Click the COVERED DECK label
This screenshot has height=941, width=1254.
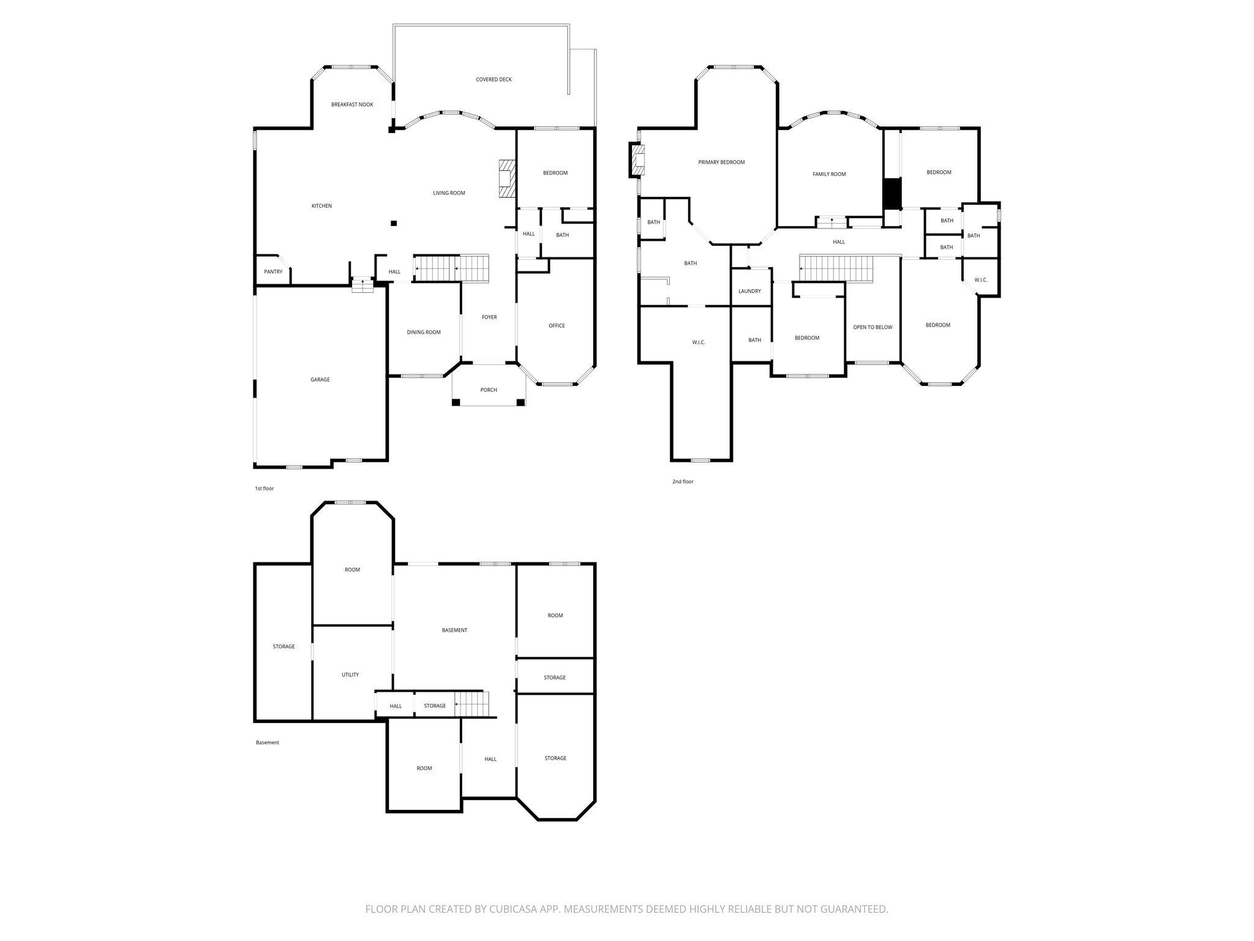(494, 80)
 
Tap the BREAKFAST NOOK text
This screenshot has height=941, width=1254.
(352, 105)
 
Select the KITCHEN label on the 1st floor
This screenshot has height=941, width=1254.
(321, 206)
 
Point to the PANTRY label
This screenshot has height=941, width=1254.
(273, 271)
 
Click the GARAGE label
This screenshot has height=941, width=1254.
(320, 380)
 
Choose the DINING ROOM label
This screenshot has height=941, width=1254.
(424, 332)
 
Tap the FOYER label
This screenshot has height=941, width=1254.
(489, 317)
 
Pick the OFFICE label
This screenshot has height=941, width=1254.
(557, 325)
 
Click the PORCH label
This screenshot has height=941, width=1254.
(489, 390)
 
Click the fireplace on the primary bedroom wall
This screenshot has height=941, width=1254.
(637, 160)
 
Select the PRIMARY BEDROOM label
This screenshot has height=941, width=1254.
(721, 162)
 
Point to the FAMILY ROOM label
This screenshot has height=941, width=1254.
(829, 175)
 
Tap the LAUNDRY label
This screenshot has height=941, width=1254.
(749, 291)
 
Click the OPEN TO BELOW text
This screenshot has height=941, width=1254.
(873, 327)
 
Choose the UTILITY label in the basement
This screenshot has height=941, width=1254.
(350, 675)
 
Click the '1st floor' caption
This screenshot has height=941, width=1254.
(265, 488)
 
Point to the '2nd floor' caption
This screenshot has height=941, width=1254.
(683, 482)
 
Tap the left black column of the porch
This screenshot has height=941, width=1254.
(456, 402)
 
